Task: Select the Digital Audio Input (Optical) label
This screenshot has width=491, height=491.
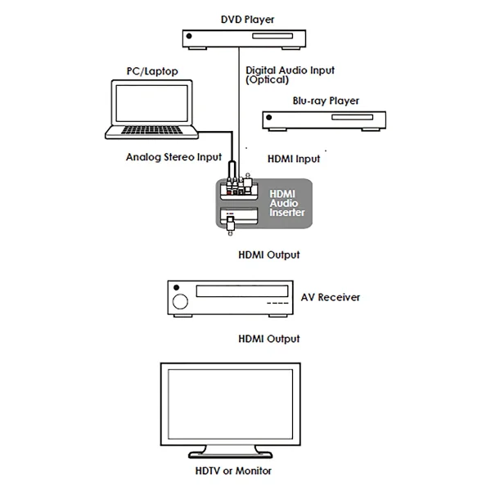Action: (290, 75)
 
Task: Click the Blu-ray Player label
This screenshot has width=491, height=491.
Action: (326, 101)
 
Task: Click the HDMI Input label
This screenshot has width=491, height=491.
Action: (294, 158)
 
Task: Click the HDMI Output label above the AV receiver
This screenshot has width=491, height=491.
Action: (268, 255)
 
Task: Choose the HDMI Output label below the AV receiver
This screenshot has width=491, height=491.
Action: (268, 338)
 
